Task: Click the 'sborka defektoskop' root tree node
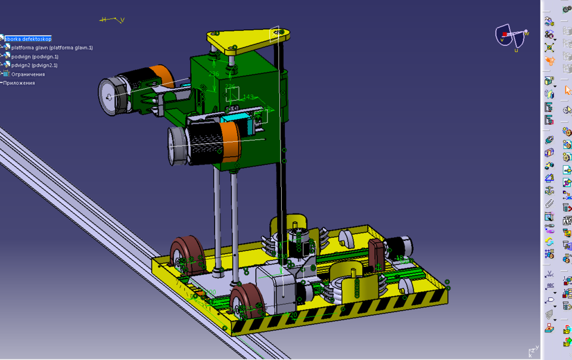point(28,39)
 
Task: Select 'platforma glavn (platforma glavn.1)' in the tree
point(51,48)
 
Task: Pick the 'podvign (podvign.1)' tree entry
point(35,57)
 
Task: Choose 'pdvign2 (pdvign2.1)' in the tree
point(34,66)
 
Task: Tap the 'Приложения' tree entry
point(20,83)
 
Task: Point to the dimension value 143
point(248,97)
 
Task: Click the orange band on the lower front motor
point(229,142)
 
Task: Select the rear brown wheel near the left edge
point(186,254)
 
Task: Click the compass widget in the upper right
point(512,37)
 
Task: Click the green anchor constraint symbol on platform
point(224,328)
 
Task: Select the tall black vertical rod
point(279,149)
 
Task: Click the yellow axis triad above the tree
point(112,20)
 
